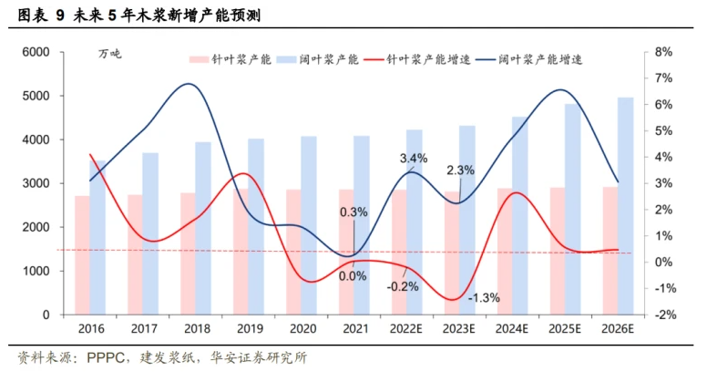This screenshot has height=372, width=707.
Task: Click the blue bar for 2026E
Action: pos(627,205)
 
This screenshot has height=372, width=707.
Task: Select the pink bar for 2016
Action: pos(83,255)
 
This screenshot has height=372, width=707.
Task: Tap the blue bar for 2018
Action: pos(202,228)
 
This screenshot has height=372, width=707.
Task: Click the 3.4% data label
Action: pos(414,159)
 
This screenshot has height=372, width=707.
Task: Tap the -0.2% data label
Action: pos(402,286)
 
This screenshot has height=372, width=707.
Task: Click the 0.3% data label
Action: pos(353,212)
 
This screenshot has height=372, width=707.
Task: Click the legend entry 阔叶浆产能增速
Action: pos(541,59)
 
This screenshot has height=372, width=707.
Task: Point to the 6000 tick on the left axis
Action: pos(34,52)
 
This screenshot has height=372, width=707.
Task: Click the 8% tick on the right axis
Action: pos(662,52)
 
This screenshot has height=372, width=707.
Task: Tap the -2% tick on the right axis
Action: pos(662,315)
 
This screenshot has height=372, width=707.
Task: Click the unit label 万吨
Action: pos(109,55)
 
